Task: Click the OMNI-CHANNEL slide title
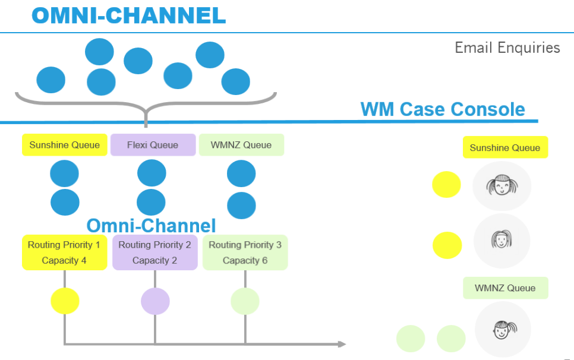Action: (x=129, y=15)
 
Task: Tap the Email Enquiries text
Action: (x=507, y=48)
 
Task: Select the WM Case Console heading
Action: (x=443, y=109)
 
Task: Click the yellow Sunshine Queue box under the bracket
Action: (x=65, y=145)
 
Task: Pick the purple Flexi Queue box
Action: (x=153, y=145)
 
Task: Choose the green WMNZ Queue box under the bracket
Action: (x=241, y=145)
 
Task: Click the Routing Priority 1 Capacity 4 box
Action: (x=64, y=252)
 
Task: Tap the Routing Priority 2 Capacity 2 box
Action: (x=154, y=252)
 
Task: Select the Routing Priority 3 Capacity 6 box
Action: (x=245, y=252)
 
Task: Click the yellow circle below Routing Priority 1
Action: (x=65, y=301)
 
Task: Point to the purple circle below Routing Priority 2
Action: (x=155, y=301)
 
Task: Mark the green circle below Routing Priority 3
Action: (x=245, y=301)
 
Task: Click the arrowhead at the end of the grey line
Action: (x=342, y=344)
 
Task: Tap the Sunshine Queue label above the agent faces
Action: (x=505, y=147)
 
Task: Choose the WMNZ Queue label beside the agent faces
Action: (x=505, y=288)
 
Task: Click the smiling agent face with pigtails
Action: (x=502, y=186)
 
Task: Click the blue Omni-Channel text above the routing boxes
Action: (x=151, y=226)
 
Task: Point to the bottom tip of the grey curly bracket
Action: (x=146, y=125)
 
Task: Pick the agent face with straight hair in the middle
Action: (x=502, y=240)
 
